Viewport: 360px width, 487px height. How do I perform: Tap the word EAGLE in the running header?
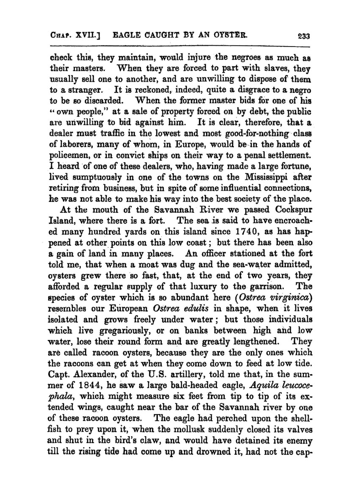click(126, 36)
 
